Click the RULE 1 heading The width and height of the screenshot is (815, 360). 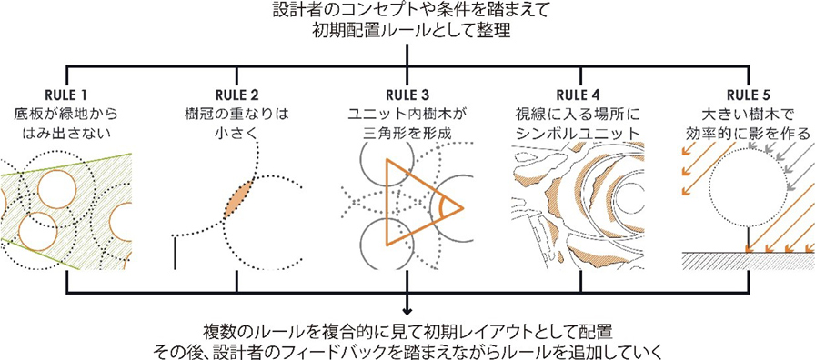(x=66, y=95)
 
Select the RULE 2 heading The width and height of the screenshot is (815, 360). (x=236, y=95)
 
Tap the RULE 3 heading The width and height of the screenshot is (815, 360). (x=407, y=95)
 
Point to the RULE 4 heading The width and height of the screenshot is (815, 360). (x=578, y=95)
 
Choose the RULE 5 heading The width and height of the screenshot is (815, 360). (x=749, y=95)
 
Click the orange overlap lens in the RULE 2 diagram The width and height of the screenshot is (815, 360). (x=238, y=198)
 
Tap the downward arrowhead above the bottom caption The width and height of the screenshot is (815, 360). (x=407, y=311)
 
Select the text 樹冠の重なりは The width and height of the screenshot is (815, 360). (x=236, y=114)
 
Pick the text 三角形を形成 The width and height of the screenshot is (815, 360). (x=407, y=133)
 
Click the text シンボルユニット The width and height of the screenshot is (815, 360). (x=578, y=133)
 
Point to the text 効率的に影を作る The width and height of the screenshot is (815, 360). (x=749, y=133)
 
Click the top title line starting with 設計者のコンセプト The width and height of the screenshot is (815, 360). (x=407, y=11)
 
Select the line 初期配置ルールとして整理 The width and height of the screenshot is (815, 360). (x=407, y=31)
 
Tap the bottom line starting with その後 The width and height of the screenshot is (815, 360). (x=407, y=350)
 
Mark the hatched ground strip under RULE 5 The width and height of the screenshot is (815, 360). (x=748, y=261)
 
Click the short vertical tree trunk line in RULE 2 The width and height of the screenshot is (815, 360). (x=176, y=253)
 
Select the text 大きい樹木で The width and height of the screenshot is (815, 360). (x=749, y=114)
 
